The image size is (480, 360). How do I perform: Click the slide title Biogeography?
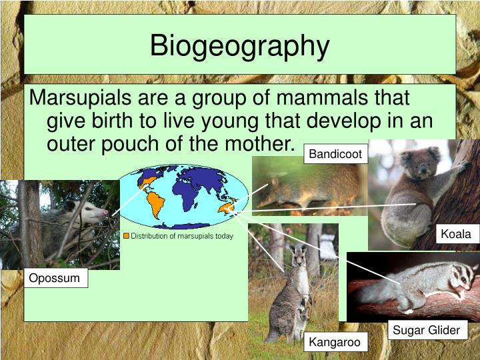[x=239, y=46]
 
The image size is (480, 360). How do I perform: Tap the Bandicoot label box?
[x=335, y=155]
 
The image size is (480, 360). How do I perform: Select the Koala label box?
[x=456, y=233]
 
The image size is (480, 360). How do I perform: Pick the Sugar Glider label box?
[x=426, y=330]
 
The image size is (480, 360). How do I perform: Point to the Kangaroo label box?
[x=335, y=343]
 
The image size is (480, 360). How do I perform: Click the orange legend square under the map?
[x=126, y=236]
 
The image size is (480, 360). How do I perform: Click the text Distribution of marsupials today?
[x=182, y=236]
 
